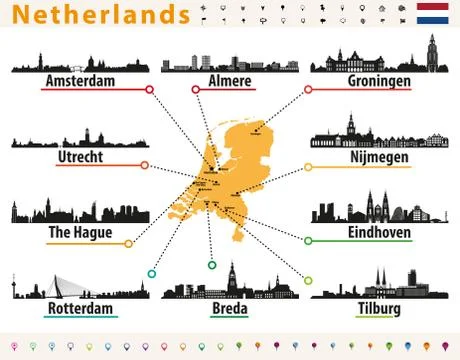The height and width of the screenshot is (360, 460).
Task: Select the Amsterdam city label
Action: (81, 81)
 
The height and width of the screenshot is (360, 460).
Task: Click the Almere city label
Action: (229, 81)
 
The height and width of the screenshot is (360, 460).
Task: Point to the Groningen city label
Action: (379, 81)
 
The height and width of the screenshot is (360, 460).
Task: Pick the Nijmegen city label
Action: (379, 157)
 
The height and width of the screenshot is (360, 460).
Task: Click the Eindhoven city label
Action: (378, 233)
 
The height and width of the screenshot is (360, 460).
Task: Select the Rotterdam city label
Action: (81, 309)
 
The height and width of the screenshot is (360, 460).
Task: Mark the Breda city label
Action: (228, 309)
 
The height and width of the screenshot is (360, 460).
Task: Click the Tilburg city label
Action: (378, 309)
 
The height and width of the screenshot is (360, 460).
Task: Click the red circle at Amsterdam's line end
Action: (150, 90)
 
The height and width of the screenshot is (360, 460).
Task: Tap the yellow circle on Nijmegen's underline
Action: (308, 166)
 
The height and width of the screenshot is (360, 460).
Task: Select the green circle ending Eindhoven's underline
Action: (308, 241)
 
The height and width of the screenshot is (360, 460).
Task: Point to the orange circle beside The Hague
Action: (129, 242)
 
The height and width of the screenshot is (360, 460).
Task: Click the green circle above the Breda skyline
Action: (212, 265)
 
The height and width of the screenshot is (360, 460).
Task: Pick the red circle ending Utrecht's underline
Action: (144, 166)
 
